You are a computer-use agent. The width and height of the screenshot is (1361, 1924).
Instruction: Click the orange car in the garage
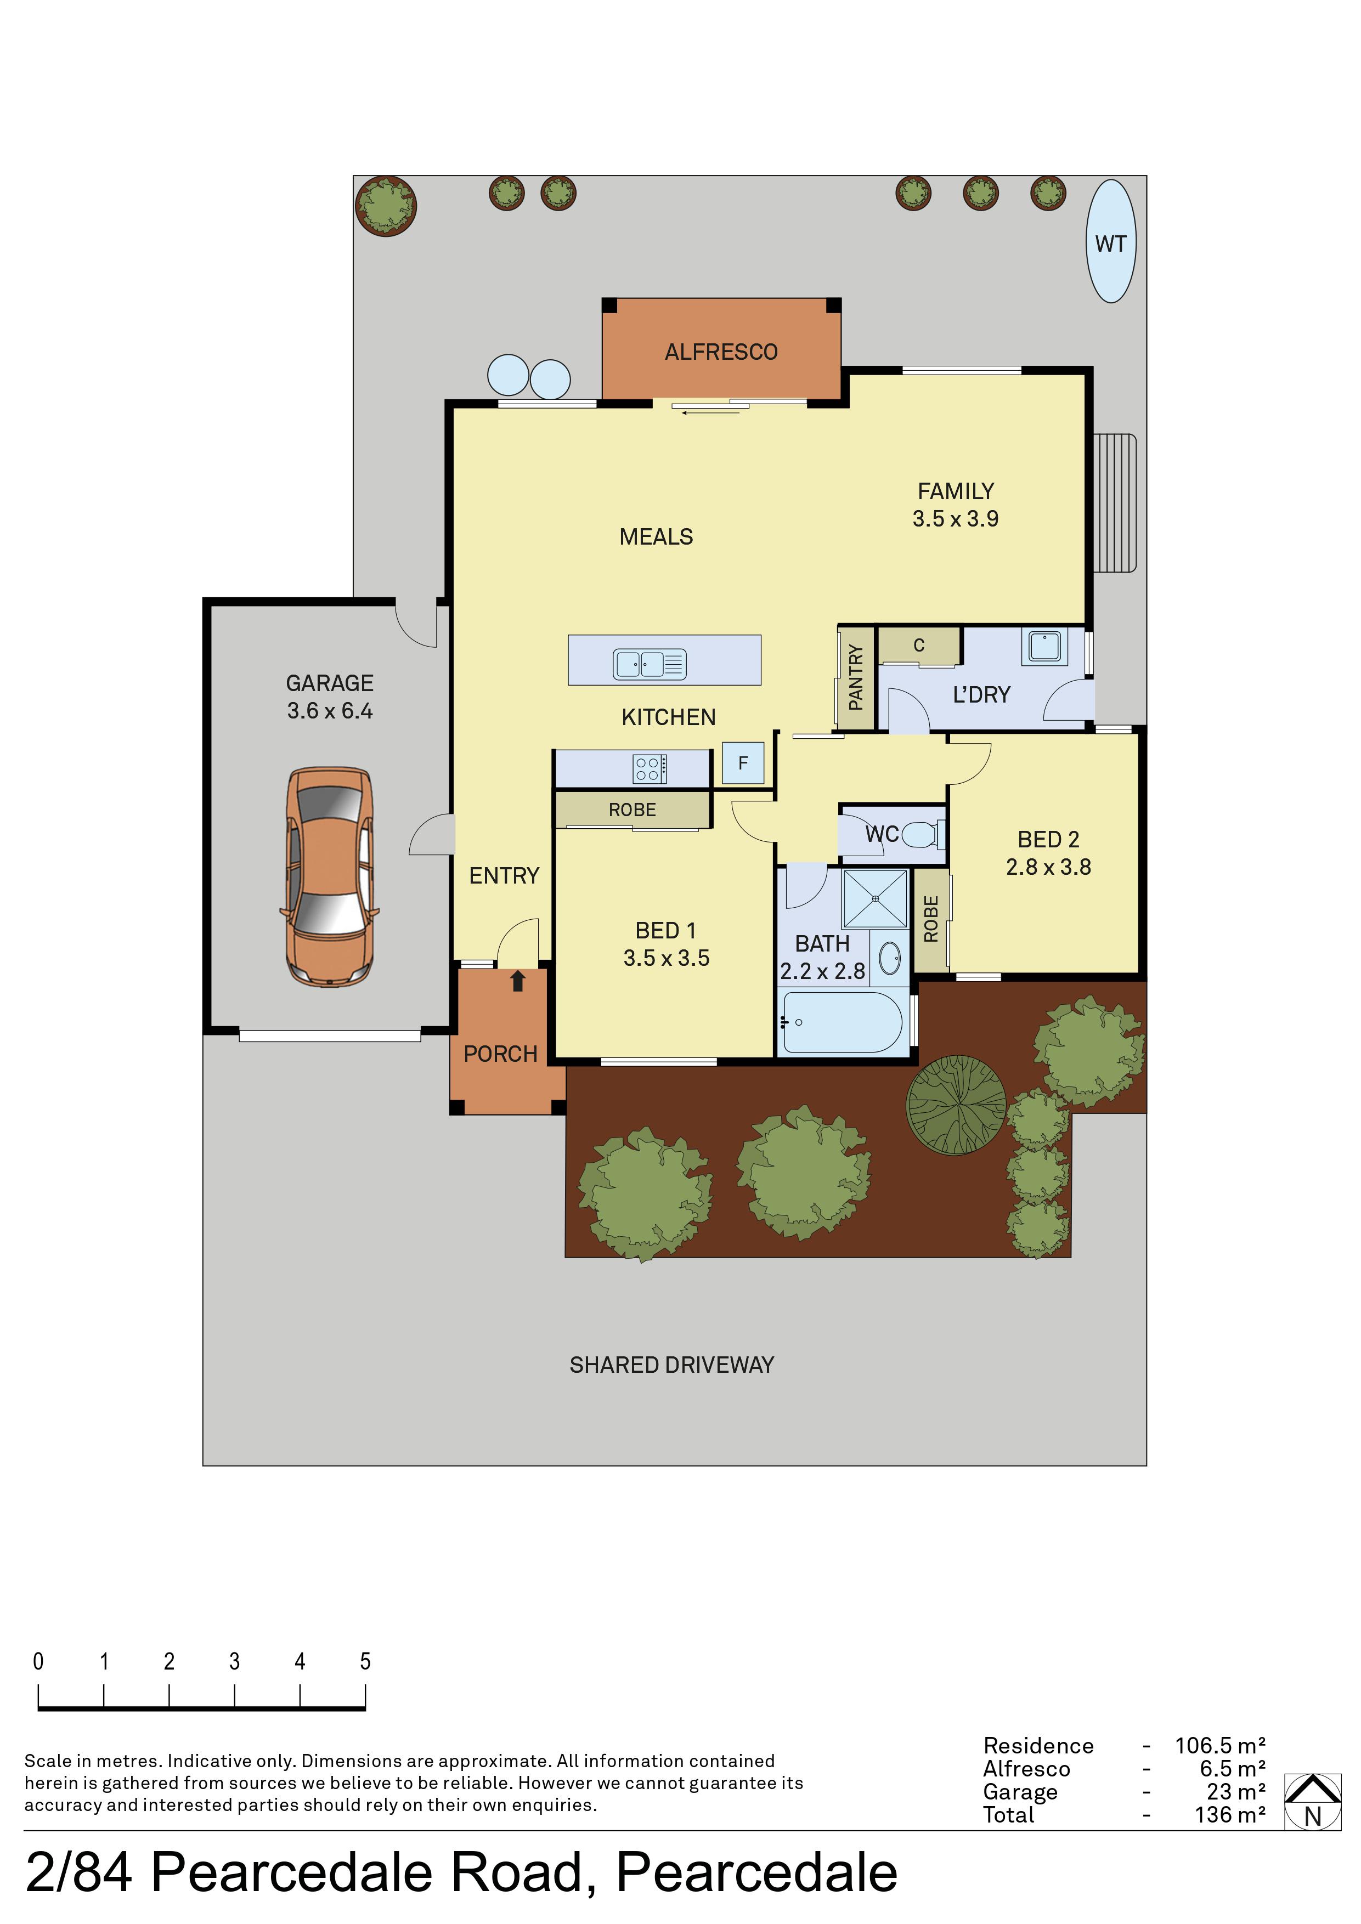click(329, 876)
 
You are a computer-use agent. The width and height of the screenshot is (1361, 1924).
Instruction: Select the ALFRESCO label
click(721, 352)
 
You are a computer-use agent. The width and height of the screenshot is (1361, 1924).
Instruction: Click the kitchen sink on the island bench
click(650, 664)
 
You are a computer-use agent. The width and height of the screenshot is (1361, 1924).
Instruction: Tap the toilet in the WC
click(924, 835)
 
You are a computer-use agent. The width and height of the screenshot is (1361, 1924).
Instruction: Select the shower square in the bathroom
click(875, 898)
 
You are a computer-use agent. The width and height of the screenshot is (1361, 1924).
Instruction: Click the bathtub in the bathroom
click(842, 1022)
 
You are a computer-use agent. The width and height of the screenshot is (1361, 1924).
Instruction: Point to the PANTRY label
click(856, 677)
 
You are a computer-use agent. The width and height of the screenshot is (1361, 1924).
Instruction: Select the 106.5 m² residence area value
click(1220, 1746)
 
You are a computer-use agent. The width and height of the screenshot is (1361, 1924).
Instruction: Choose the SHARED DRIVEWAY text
click(671, 1365)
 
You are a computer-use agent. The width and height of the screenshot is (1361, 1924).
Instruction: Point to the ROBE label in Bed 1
click(632, 810)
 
